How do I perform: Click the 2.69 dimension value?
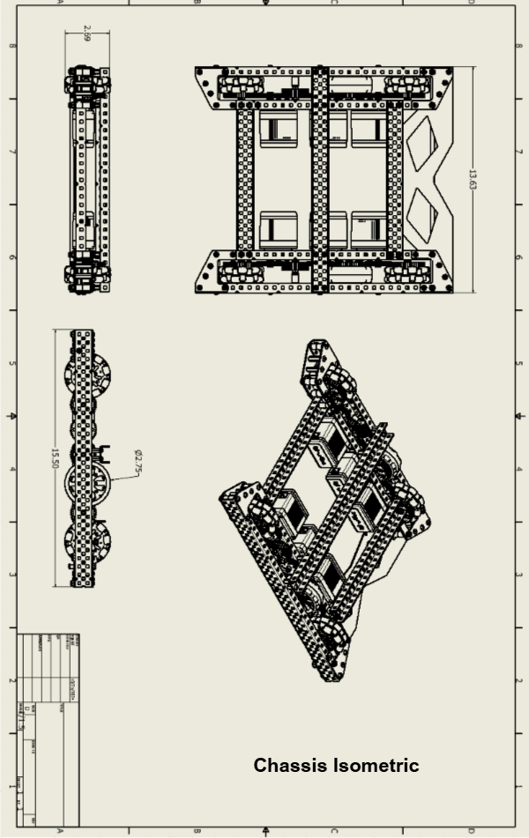point(86,33)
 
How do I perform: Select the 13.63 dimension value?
point(473,180)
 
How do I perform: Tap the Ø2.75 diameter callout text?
point(138,462)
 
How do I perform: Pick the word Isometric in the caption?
point(376,766)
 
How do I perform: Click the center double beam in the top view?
point(319,180)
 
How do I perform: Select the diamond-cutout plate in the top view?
point(428,180)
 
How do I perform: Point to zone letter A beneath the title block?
point(59,830)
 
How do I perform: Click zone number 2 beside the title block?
point(11,680)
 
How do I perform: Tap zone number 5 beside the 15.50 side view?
point(11,362)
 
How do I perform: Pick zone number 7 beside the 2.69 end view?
point(11,152)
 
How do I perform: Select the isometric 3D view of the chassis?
point(325,512)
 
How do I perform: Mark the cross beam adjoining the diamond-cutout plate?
point(395,180)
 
